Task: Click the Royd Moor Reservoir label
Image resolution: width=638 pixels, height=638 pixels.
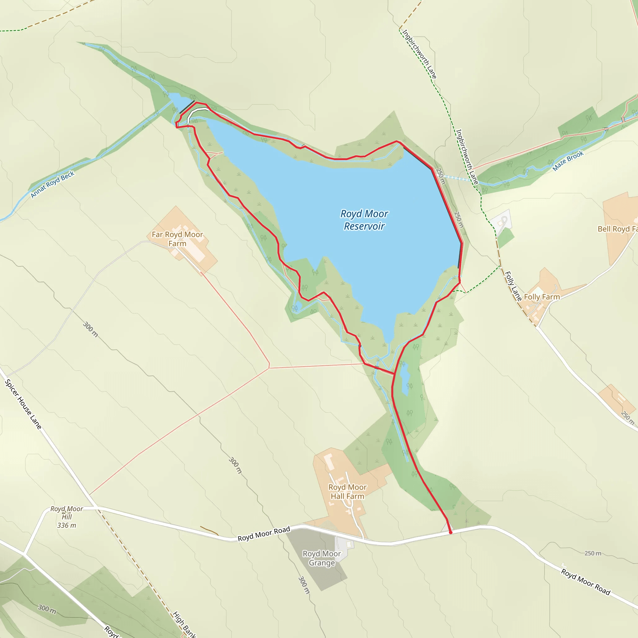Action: (364, 220)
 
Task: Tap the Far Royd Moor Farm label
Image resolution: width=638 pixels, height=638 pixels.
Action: (177, 239)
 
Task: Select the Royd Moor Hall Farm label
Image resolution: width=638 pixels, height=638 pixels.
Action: (347, 492)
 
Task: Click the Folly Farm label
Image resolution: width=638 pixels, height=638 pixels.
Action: (542, 297)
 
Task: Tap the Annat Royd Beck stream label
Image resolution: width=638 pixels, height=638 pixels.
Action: (53, 185)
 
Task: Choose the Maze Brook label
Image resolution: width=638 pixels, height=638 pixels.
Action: (568, 161)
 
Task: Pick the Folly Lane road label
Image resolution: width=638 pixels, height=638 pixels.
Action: (513, 286)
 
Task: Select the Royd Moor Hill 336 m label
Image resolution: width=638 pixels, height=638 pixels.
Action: (67, 517)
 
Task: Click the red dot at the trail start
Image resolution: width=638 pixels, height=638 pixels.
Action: (450, 532)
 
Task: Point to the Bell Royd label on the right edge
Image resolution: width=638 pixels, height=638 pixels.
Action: (617, 229)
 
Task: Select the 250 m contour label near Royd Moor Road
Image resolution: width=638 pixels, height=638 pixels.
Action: (593, 553)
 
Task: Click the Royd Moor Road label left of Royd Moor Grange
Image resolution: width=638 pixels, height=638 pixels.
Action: (264, 534)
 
